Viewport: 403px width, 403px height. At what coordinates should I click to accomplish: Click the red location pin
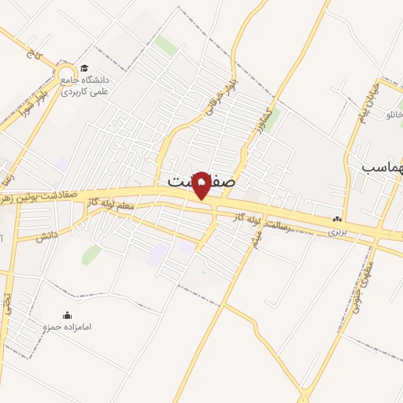[x=201, y=185]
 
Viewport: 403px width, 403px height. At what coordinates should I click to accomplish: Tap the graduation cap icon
[x=84, y=68]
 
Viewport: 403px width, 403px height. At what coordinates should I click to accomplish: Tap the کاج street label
[x=32, y=54]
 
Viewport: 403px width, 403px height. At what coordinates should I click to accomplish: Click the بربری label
[x=336, y=233]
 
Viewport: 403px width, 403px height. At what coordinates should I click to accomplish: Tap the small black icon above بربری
[x=337, y=220]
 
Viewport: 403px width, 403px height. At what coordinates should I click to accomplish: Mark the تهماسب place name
[x=383, y=168]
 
